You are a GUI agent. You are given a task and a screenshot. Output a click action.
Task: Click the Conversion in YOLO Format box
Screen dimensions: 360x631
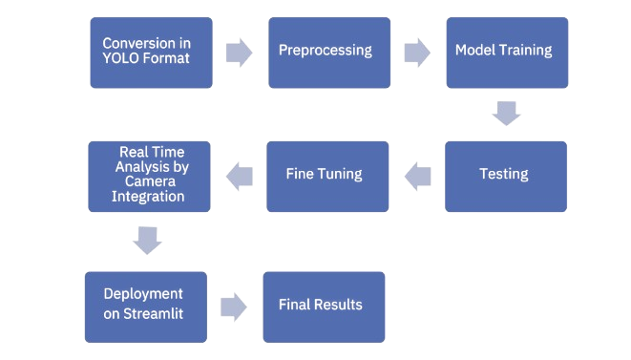pos(151,53)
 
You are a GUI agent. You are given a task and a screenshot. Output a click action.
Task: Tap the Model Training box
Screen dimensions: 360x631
pos(507,53)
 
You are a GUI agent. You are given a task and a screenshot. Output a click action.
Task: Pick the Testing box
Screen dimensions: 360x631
pos(505,176)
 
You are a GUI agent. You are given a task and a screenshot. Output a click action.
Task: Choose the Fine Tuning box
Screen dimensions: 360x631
pos(326,176)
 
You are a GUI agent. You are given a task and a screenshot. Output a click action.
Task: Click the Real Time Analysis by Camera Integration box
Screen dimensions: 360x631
pos(150,176)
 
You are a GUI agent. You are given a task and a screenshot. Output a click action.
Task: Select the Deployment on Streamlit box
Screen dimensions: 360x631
pos(146,306)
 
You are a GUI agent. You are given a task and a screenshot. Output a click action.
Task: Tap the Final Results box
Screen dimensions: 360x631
pos(324,306)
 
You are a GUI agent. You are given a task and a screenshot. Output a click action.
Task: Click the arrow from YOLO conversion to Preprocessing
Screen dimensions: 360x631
pos(239,53)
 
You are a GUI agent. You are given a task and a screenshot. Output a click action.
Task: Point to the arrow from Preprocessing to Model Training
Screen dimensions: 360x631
pos(417,52)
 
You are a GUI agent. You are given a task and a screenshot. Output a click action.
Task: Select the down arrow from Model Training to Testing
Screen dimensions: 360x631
pos(506,115)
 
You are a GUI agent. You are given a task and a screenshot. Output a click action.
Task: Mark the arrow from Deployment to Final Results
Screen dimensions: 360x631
pos(234,307)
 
